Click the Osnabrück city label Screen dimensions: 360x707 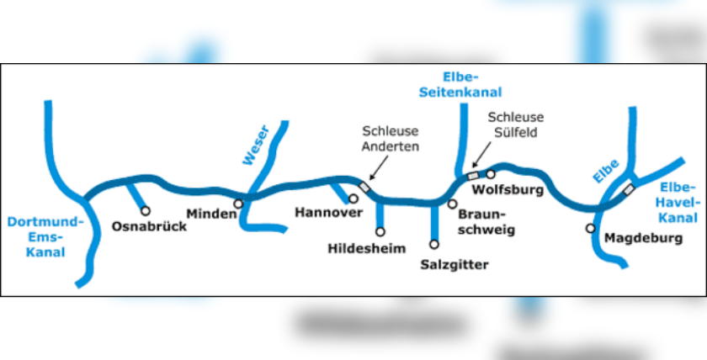click(x=149, y=225)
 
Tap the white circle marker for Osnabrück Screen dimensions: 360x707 click(x=145, y=210)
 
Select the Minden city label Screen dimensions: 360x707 click(x=211, y=214)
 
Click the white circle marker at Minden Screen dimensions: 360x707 click(x=239, y=203)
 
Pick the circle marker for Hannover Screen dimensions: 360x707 click(x=353, y=199)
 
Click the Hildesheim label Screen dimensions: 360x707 click(x=366, y=248)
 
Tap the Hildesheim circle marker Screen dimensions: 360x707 click(x=380, y=231)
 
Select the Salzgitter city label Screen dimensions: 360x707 click(x=454, y=265)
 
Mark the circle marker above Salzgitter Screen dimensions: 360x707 click(x=434, y=245)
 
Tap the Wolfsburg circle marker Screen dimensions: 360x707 click(x=491, y=174)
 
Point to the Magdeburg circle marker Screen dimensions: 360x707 click(x=591, y=228)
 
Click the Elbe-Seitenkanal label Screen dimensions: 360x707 click(x=460, y=84)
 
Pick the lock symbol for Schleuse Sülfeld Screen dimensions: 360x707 click(x=473, y=174)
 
